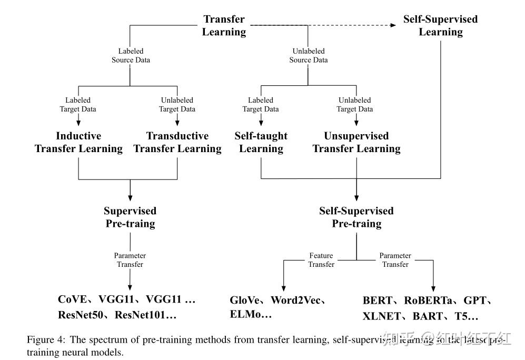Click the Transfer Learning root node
[224, 26]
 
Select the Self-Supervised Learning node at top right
[440, 26]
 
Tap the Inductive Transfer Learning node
[78, 143]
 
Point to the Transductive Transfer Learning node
[177, 143]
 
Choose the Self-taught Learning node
[261, 143]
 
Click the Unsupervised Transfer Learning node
[356, 143]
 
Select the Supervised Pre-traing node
[130, 217]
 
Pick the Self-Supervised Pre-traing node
[356, 217]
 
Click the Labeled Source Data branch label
[131, 56]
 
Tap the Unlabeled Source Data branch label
[309, 56]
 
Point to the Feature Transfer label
[321, 260]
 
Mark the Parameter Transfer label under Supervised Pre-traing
[130, 260]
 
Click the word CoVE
[72, 299]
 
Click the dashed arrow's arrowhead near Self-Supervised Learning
[394, 25]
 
